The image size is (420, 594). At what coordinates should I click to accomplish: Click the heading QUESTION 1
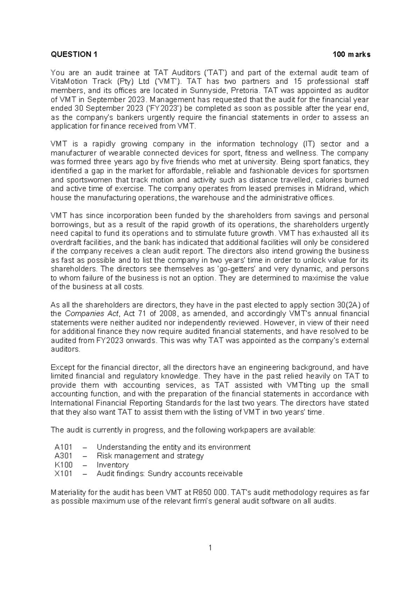(74, 55)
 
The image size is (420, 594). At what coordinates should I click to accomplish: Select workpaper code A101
(63, 447)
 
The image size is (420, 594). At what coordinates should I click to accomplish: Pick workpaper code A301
(63, 456)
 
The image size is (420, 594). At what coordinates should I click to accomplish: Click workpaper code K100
(63, 465)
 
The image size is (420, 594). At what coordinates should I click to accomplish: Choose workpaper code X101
(63, 474)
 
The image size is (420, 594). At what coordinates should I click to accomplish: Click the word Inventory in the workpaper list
(113, 465)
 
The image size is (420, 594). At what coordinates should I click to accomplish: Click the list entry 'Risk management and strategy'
(150, 456)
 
